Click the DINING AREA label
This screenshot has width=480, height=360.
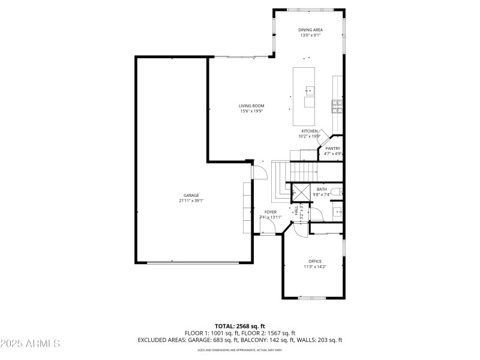pos(310,29)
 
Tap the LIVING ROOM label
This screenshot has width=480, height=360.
pos(251,106)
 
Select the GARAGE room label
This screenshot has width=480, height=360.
pos(191,195)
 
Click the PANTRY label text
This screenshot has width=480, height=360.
pos(332,148)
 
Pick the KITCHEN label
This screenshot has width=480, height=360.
pos(309,131)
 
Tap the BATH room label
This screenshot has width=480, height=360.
pos(322,189)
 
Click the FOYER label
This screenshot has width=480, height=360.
pos(271,212)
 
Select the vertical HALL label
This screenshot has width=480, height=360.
pos(296,210)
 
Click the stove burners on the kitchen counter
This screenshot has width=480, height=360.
pos(337,107)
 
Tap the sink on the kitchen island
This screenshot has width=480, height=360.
pos(310,91)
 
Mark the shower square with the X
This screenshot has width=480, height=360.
pos(299,193)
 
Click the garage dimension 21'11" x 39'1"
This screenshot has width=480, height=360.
pos(191,200)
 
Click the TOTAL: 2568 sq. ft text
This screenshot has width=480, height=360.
pos(239,326)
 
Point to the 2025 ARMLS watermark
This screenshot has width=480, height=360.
pos(30,344)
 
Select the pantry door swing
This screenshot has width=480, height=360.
pos(323,137)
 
